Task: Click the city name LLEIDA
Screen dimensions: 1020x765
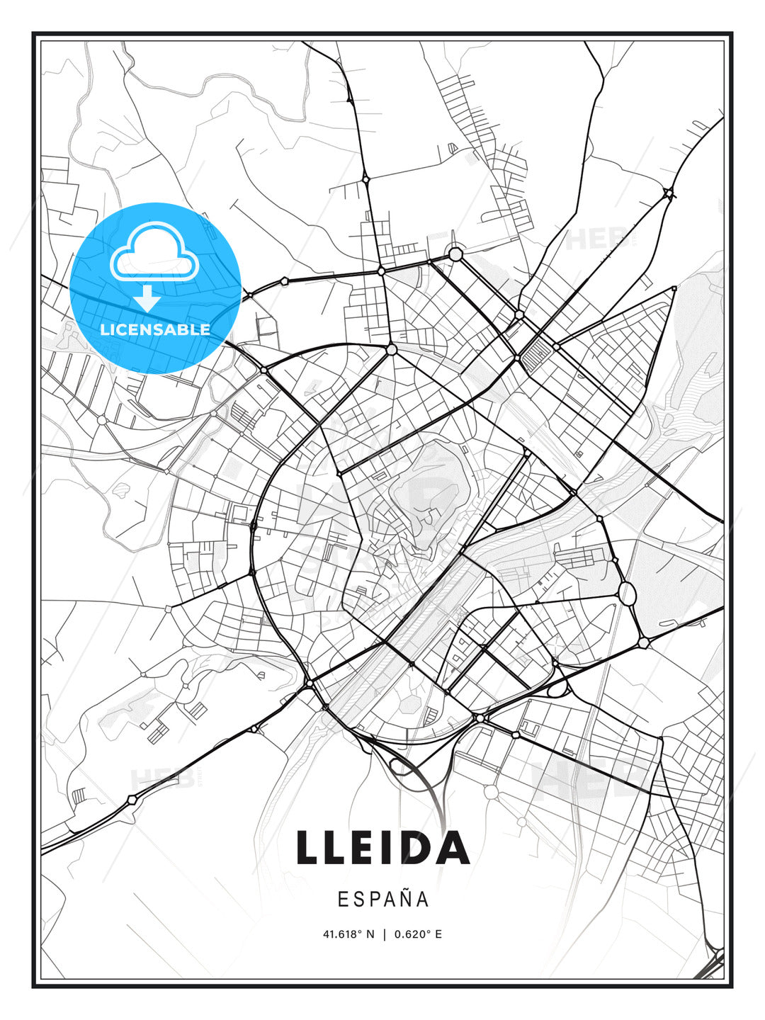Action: (382, 847)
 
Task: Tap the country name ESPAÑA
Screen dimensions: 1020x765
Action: (382, 900)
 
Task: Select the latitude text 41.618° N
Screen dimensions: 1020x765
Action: (348, 934)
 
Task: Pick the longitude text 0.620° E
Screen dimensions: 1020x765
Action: (418, 934)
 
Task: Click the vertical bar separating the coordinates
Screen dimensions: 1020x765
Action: (384, 934)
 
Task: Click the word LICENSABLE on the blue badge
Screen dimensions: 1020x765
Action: (155, 329)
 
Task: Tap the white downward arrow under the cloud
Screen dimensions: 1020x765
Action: (147, 298)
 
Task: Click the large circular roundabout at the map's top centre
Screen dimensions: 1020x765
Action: (455, 254)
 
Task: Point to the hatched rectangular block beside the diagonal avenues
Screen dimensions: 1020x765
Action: (541, 351)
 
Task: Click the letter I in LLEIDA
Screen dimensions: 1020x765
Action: (387, 847)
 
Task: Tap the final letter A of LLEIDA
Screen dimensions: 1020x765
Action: (452, 847)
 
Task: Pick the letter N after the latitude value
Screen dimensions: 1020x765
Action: (370, 934)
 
